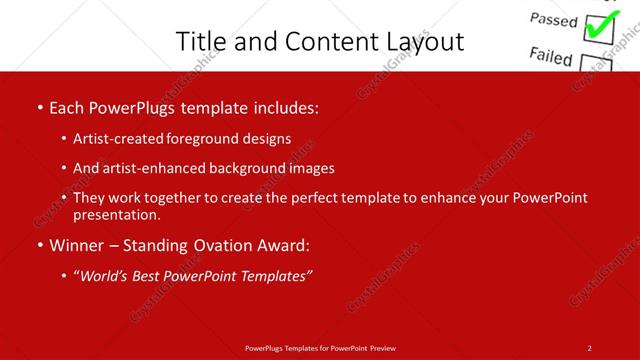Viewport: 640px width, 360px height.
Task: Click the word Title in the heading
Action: [x=200, y=41]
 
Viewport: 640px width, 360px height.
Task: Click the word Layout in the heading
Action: [x=423, y=41]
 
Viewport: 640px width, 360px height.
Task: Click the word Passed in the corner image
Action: [x=553, y=20]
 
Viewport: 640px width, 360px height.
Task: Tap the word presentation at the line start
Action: [x=116, y=215]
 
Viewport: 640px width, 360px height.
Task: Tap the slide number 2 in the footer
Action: [x=590, y=348]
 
